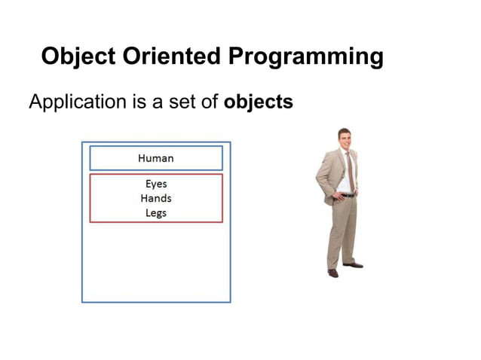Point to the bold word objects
258,102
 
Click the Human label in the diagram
155,158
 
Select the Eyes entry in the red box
155,184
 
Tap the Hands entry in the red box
155,198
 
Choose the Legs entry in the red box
155,213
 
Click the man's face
345,140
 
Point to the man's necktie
349,170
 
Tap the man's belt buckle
347,195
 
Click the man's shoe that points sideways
353,265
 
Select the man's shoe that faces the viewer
332,273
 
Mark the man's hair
345,132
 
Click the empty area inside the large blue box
155,264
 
